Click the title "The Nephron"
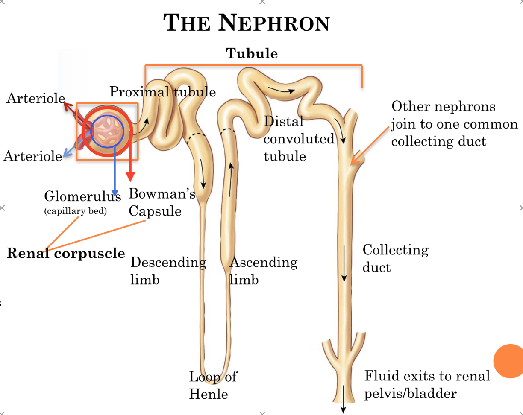(247, 23)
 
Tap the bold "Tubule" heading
(252, 54)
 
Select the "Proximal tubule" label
(162, 92)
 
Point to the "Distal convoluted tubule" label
(298, 139)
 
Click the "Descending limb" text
(168, 271)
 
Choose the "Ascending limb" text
(263, 271)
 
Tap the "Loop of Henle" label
(212, 385)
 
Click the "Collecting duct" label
(395, 258)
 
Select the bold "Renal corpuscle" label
(66, 254)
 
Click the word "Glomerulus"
(82, 196)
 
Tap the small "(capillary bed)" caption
(75, 210)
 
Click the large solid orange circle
(509, 361)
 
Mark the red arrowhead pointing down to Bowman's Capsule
(130, 176)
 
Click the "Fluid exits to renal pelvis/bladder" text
(426, 384)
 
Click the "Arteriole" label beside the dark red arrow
(35, 99)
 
